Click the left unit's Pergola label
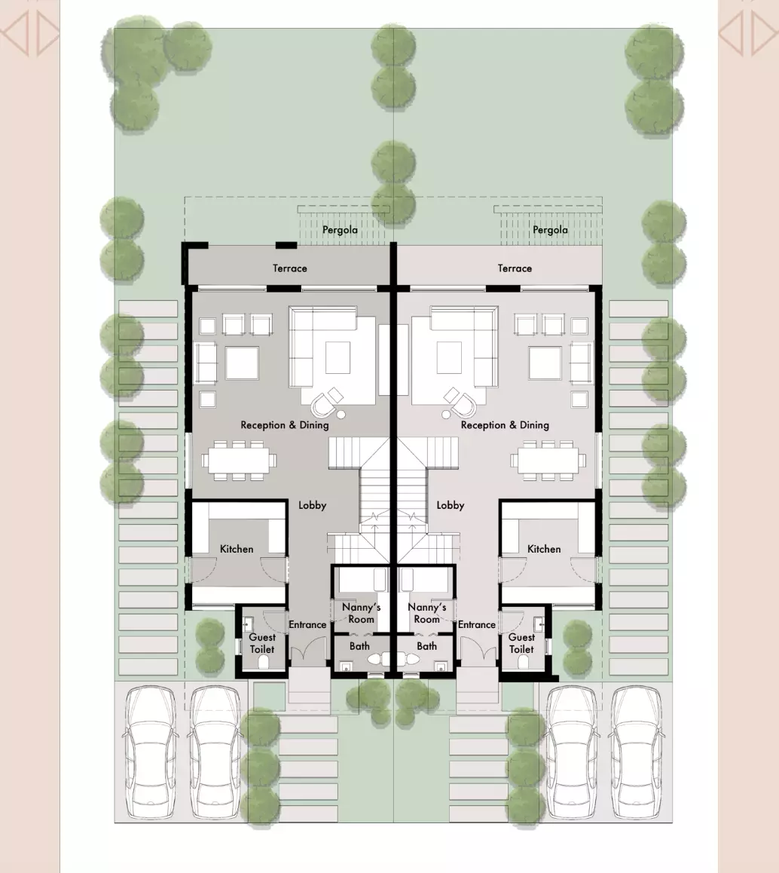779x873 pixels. click(x=340, y=230)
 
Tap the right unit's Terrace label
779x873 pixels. click(x=515, y=268)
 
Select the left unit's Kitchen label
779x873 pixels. click(x=237, y=549)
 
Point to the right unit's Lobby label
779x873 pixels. click(x=451, y=505)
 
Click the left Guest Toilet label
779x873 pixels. click(x=262, y=643)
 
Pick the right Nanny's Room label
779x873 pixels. click(x=426, y=613)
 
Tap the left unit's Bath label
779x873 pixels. click(x=359, y=646)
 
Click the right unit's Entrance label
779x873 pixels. click(x=477, y=625)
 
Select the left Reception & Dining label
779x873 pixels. click(x=284, y=424)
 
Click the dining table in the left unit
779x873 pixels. click(x=239, y=461)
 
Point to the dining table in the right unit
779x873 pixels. click(x=548, y=461)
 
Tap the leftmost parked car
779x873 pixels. click(x=149, y=752)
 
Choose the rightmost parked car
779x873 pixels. click(x=637, y=752)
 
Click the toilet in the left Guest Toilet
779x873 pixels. click(x=264, y=662)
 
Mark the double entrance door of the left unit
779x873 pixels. click(x=308, y=651)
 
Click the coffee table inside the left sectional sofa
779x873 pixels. click(x=338, y=357)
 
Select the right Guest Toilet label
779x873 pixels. click(x=521, y=643)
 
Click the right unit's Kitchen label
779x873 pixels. click(x=544, y=549)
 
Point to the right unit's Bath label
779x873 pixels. click(x=426, y=646)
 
